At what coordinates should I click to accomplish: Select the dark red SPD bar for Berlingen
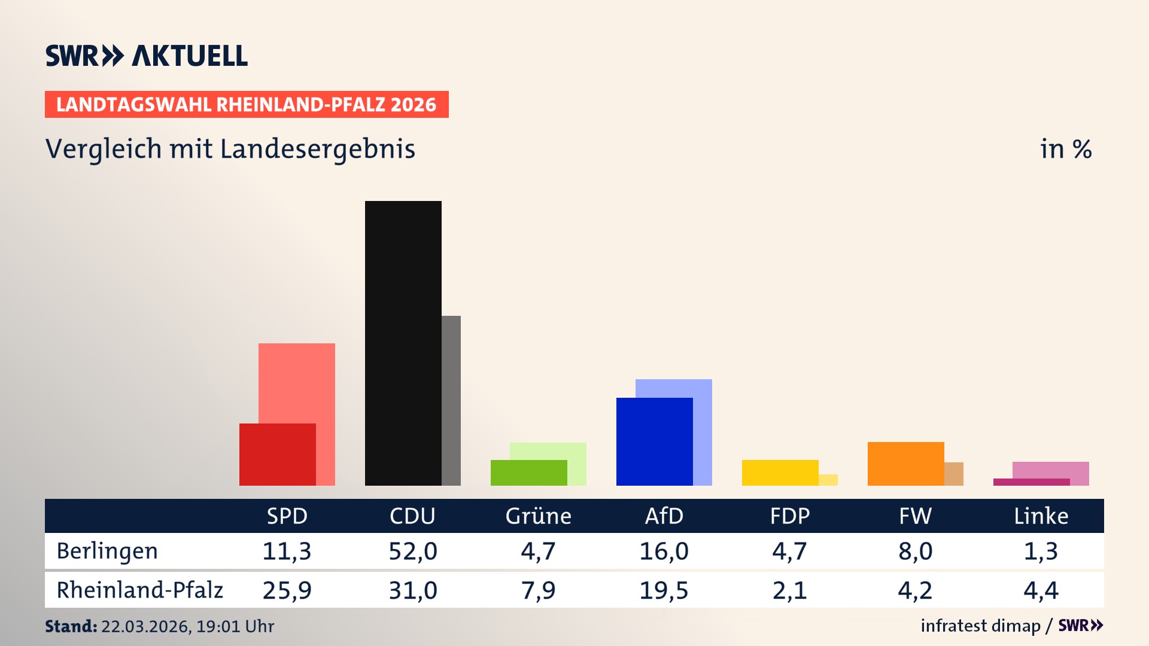point(277,455)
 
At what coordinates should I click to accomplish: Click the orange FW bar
point(905,464)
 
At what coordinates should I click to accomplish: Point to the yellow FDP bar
point(780,473)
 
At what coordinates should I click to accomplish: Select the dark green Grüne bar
point(528,473)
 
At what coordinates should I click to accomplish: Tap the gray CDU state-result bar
point(451,401)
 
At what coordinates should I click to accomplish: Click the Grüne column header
point(538,516)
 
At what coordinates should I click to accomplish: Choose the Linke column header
point(1041,516)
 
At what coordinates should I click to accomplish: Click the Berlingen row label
point(107,551)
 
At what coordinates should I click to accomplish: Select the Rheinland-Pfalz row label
point(139,590)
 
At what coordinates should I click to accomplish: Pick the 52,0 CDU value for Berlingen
point(413,551)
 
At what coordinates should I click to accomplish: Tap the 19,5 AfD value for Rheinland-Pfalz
point(664,590)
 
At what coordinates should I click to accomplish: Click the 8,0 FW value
point(915,551)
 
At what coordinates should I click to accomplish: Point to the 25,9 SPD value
point(287,590)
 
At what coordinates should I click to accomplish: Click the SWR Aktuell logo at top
point(147,56)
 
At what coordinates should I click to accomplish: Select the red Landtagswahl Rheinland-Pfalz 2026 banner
point(247,104)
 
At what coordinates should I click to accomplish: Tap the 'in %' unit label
point(1065,149)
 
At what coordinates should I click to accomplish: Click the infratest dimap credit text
point(980,626)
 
